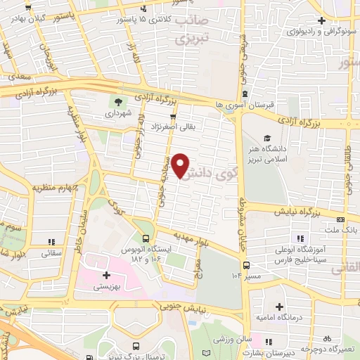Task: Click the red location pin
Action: pos(181,165)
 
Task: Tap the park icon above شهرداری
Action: pos(118,101)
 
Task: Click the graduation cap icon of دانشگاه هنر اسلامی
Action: pos(267,138)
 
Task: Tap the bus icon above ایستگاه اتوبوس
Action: pos(146,238)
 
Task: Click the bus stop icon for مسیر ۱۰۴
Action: pos(246,265)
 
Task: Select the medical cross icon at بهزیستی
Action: pos(106,276)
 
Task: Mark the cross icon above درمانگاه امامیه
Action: pos(281,307)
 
